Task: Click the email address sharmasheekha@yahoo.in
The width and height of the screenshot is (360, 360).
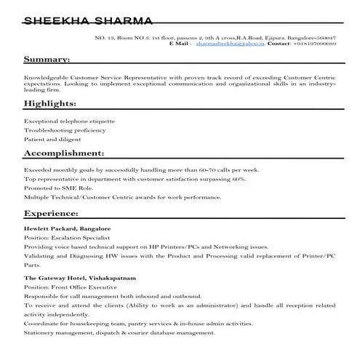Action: (x=230, y=44)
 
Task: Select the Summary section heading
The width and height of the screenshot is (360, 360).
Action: (x=47, y=59)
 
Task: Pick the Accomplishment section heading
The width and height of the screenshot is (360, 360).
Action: (x=64, y=153)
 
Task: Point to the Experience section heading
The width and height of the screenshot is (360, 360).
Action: (x=51, y=213)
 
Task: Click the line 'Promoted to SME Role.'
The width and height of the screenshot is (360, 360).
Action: (x=55, y=187)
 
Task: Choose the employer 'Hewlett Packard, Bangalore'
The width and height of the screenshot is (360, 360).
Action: (x=67, y=228)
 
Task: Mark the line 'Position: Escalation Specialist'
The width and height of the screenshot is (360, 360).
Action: (x=66, y=238)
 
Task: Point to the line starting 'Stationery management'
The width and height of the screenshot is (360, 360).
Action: (x=119, y=332)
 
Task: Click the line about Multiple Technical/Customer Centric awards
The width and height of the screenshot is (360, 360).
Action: (x=122, y=196)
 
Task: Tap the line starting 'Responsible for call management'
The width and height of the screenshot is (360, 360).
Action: (x=112, y=297)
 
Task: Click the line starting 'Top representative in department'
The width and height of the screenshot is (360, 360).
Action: (x=135, y=177)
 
